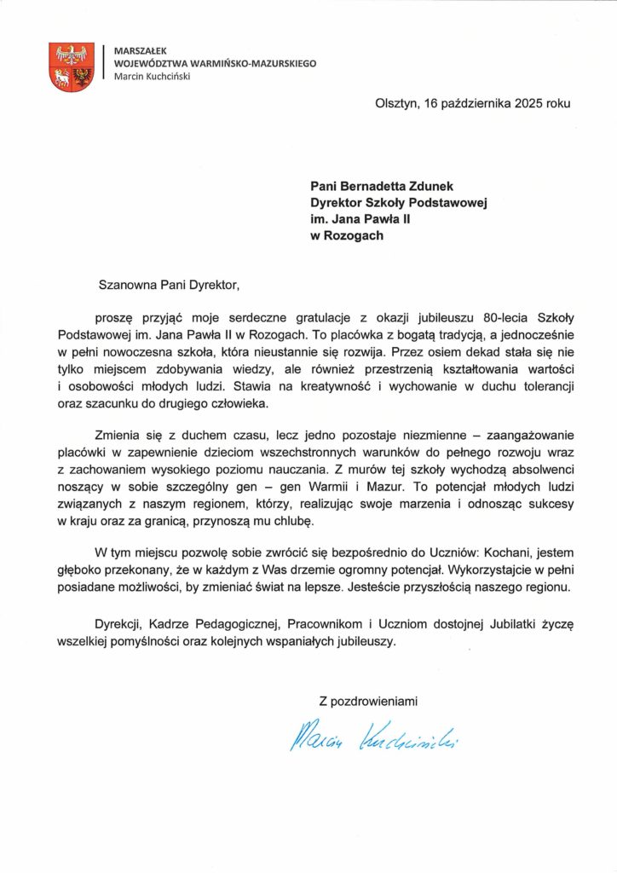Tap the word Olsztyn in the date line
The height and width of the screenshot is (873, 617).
tap(397, 104)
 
